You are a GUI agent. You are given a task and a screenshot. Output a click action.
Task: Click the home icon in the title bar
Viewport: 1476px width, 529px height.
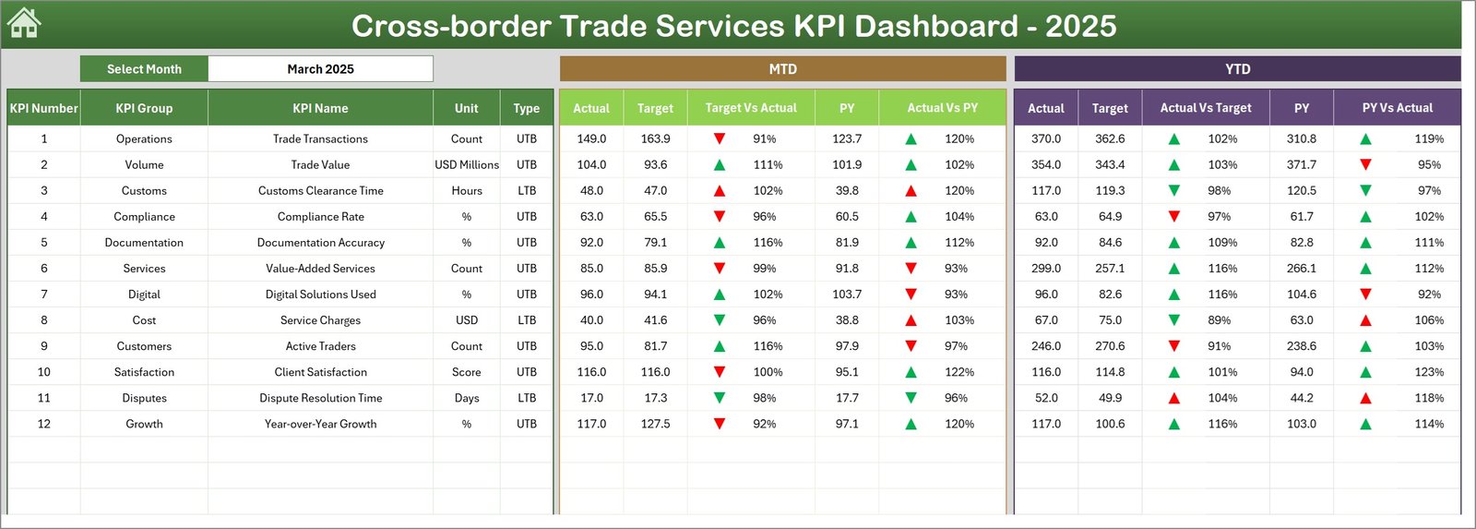coord(24,23)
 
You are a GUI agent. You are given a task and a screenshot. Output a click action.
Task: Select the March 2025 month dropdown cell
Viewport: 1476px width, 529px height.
coord(320,69)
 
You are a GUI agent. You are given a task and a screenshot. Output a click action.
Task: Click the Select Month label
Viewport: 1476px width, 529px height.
coord(144,69)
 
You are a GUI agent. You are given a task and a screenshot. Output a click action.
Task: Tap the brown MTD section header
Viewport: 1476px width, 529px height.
coord(782,69)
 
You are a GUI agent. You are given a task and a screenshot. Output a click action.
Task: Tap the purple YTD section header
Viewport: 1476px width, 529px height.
coord(1237,69)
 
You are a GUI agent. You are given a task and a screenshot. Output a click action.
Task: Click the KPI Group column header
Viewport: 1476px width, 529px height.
coord(144,108)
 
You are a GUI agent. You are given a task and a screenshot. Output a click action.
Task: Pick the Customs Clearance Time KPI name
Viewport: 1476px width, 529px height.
coord(320,191)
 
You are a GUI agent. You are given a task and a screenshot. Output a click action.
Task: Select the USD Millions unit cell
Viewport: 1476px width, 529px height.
coord(467,165)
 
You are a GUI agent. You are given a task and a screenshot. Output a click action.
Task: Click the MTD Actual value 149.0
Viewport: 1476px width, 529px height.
coord(591,139)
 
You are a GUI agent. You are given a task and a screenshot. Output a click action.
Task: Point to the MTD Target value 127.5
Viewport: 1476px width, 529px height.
coord(655,425)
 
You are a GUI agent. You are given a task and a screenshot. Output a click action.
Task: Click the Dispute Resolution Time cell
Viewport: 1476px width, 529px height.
coord(320,399)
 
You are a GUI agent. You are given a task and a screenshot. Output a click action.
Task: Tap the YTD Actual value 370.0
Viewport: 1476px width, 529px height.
coord(1046,139)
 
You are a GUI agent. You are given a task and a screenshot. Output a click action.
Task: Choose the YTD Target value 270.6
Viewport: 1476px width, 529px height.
coord(1110,347)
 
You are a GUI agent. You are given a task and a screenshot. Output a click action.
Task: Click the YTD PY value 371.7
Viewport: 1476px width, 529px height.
coord(1302,165)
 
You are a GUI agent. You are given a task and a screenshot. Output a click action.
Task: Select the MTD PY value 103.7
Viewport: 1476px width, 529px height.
coord(847,295)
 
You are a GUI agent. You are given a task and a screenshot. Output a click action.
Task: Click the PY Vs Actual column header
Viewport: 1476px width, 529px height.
coord(1397,108)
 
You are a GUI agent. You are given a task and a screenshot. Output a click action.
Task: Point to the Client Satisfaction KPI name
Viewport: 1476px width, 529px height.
coord(320,373)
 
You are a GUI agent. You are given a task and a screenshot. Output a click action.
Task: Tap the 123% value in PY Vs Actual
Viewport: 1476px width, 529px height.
coord(1429,373)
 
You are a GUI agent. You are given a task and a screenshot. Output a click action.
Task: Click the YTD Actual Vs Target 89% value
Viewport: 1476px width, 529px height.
coord(1220,321)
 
